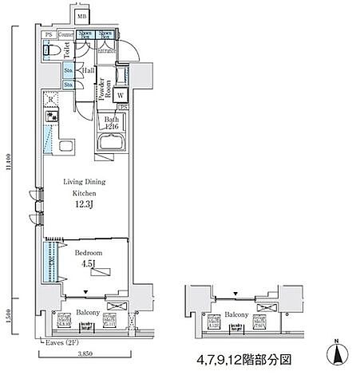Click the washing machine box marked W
point(121,96)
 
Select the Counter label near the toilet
point(66,35)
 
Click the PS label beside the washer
point(122,107)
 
